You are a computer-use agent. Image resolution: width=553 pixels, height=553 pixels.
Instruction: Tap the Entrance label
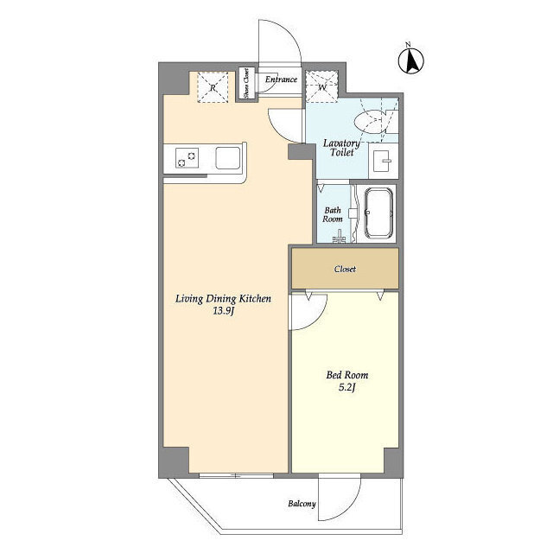click(x=281, y=79)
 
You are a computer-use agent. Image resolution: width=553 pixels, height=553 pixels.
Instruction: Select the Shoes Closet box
click(x=245, y=83)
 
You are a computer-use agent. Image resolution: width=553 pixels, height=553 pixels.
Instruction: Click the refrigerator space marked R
click(x=213, y=87)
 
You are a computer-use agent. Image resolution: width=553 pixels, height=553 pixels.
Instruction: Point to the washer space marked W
click(x=321, y=86)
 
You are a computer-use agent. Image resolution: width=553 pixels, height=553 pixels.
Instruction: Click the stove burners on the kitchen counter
click(x=187, y=158)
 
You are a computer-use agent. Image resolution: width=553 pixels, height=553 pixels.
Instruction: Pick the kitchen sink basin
click(x=228, y=158)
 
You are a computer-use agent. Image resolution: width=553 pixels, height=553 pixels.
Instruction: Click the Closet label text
click(x=345, y=269)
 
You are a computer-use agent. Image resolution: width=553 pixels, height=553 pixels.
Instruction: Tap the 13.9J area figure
click(x=224, y=311)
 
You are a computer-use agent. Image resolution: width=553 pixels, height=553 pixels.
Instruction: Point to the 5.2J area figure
click(x=347, y=387)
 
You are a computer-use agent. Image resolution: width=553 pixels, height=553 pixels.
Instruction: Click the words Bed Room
click(x=347, y=375)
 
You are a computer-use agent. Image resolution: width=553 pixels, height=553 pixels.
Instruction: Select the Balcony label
click(x=302, y=504)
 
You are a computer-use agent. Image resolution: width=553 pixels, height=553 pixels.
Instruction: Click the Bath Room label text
click(x=333, y=214)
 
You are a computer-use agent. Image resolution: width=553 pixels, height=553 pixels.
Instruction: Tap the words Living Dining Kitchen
click(x=223, y=299)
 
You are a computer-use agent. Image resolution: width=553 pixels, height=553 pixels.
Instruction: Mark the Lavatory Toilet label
click(x=341, y=148)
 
